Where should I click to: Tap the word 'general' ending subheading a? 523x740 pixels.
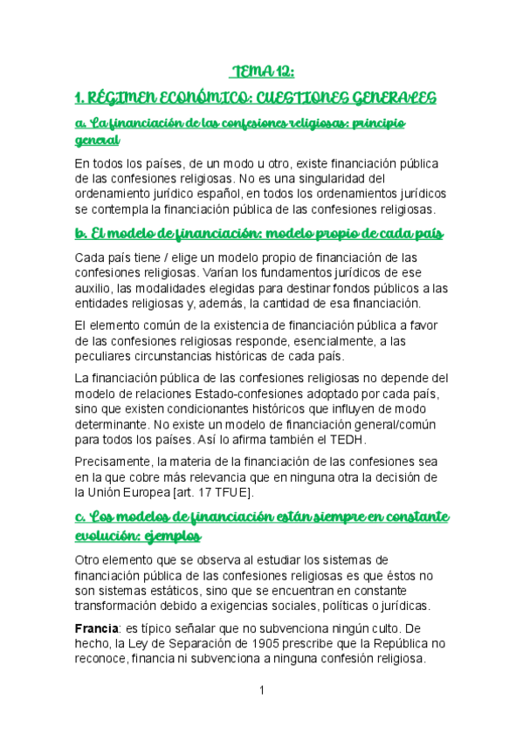97,140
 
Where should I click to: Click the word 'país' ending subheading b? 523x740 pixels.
426,234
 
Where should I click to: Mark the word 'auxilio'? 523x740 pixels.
95,288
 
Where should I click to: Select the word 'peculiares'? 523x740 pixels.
107,357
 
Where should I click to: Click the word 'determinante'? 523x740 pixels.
114,425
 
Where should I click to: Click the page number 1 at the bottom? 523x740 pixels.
261,691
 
